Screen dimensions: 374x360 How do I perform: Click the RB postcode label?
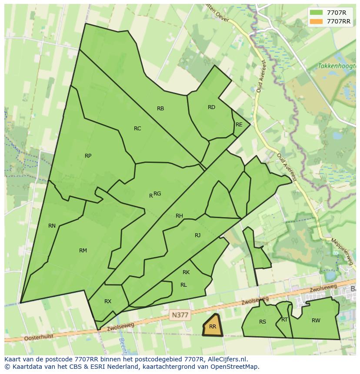160,109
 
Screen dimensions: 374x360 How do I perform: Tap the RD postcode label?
211,107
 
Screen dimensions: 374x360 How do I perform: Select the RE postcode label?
239,125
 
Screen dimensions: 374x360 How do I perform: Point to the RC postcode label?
137,129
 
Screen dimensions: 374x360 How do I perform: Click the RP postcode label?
88,156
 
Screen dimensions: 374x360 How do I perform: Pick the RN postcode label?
52,226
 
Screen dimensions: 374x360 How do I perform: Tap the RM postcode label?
83,251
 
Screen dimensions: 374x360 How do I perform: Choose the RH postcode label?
179,216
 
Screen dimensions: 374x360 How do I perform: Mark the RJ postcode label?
197,235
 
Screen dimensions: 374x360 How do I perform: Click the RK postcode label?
186,273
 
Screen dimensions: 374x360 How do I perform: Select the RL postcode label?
183,285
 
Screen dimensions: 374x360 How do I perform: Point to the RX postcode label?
108,301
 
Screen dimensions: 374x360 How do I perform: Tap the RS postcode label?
262,322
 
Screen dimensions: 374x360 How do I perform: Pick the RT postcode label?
284,320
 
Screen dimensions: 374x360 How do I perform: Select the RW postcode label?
316,321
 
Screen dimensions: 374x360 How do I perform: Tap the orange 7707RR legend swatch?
316,21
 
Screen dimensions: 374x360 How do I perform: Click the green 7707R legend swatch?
316,12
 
